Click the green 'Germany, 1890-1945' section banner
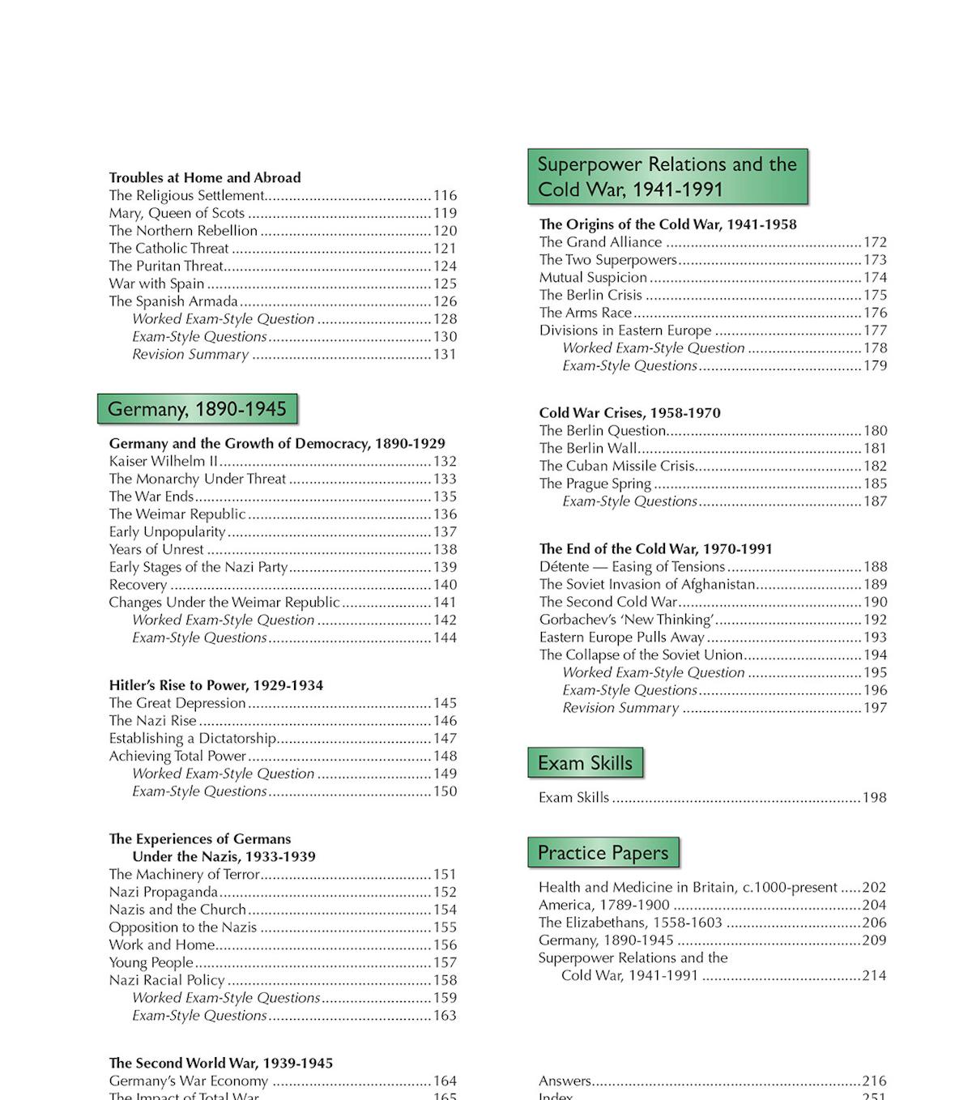pyautogui.click(x=197, y=409)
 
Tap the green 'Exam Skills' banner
pyautogui.click(x=585, y=763)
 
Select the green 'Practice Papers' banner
pyautogui.click(x=603, y=853)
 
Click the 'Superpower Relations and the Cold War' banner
pyautogui.click(x=667, y=177)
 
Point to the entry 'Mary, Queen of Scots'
pyautogui.click(x=177, y=213)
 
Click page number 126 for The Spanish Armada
pyautogui.click(x=445, y=301)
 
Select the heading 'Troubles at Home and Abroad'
pyautogui.click(x=205, y=177)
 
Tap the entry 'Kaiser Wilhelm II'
pyautogui.click(x=164, y=461)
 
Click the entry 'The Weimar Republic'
pyautogui.click(x=177, y=514)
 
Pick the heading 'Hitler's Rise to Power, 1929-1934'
pyautogui.click(x=216, y=685)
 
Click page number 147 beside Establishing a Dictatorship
pyautogui.click(x=445, y=738)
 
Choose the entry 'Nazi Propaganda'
pyautogui.click(x=164, y=892)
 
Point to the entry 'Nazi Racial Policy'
pyautogui.click(x=167, y=980)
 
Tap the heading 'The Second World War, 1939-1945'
pyautogui.click(x=221, y=1063)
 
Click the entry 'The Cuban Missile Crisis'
pyautogui.click(x=617, y=466)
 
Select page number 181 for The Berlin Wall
pyautogui.click(x=875, y=448)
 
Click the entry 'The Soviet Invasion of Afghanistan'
pyautogui.click(x=647, y=584)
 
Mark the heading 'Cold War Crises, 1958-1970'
pyautogui.click(x=630, y=412)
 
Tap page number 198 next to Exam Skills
pyautogui.click(x=874, y=798)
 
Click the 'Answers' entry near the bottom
pyautogui.click(x=565, y=1081)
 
